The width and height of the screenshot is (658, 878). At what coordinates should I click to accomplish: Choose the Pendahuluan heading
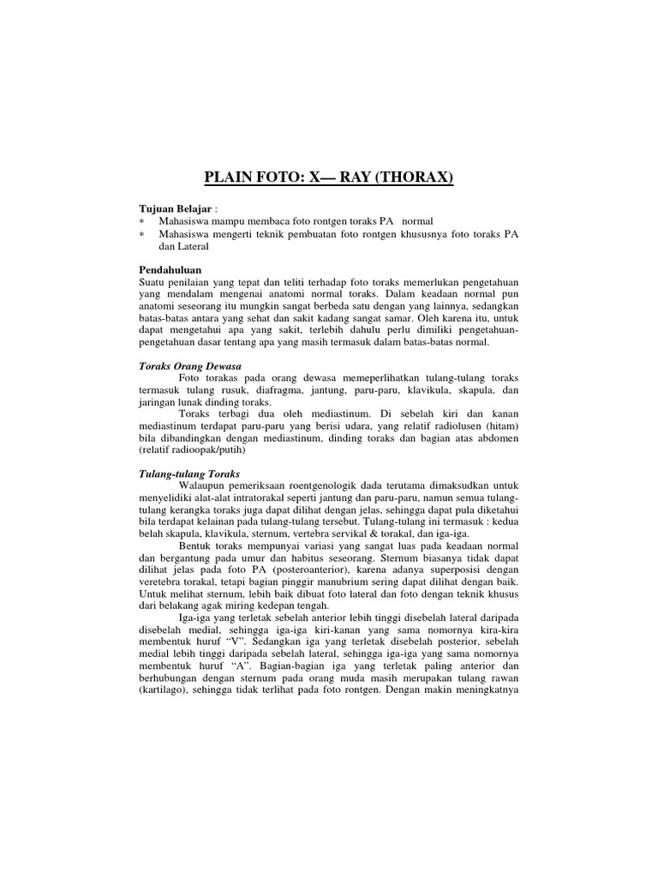[x=171, y=269]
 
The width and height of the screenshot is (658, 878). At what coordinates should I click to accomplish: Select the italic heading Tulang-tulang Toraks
[x=189, y=473]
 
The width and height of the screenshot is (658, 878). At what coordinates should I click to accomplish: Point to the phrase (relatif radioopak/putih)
[x=191, y=449]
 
